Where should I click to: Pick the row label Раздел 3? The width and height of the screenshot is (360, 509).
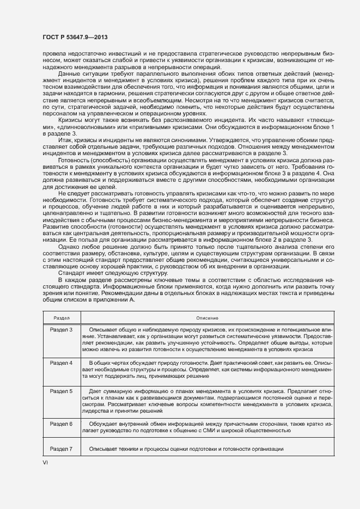(x=62, y=330)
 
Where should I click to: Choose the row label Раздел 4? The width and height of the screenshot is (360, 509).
(x=62, y=363)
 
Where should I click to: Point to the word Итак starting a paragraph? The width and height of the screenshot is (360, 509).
(x=66, y=155)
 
